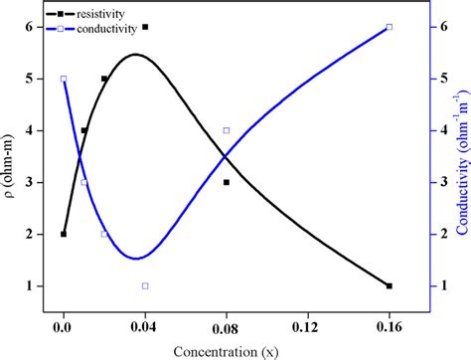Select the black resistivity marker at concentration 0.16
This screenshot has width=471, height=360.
point(389,285)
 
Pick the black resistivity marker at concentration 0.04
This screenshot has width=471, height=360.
point(145,27)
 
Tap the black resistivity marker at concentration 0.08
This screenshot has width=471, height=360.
point(227,182)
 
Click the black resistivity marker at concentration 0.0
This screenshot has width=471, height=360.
point(64,234)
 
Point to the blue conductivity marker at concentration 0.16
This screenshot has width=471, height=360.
point(389,27)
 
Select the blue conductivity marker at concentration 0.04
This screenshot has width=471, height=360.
point(145,285)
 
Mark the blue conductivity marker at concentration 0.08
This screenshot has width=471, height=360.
point(227,130)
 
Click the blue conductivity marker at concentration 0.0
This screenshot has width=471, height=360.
point(64,79)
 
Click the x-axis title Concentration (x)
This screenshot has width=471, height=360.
point(226,349)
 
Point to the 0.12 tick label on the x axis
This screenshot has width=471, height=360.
point(307,326)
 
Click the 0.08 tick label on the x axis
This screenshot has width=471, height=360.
point(227,326)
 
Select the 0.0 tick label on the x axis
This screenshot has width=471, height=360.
point(64,326)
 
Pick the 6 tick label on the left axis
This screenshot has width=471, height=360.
point(36,27)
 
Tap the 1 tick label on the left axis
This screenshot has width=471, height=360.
point(36,285)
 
